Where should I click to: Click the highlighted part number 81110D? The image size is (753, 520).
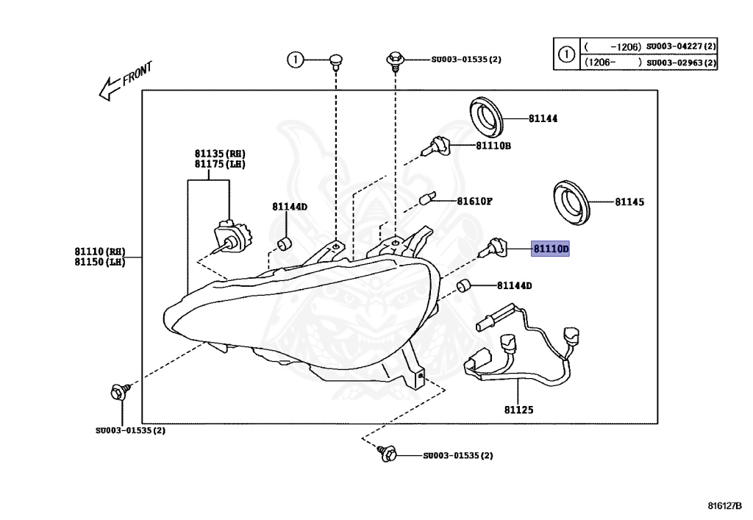[551, 249]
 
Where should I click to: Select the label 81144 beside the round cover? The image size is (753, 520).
[542, 118]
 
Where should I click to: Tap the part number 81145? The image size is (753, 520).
[629, 202]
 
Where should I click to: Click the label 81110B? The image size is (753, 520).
[493, 146]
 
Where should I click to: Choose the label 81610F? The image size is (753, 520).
[474, 201]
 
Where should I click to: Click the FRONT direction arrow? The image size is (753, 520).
[125, 80]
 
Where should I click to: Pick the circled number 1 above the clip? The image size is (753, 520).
[294, 60]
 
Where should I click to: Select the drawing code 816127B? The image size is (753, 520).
[724, 506]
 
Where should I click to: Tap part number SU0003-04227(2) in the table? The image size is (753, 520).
[681, 46]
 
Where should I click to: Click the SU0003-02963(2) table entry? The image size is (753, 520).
[681, 63]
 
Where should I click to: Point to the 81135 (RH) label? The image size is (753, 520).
[220, 153]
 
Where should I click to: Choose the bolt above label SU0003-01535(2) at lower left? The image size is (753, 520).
[118, 391]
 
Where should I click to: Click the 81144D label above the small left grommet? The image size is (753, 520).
[289, 207]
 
